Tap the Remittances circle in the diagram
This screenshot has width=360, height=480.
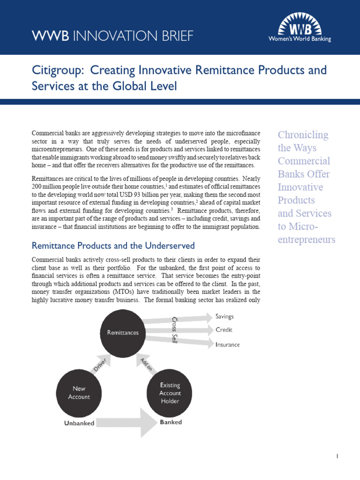click(123, 333)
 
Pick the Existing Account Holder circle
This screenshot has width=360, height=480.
click(170, 393)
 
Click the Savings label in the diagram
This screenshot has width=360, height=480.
click(225, 316)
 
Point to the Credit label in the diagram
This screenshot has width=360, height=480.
click(224, 330)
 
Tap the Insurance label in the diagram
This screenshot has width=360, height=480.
click(227, 345)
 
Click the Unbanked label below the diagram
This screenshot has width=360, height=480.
click(79, 423)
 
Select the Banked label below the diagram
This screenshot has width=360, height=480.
click(171, 422)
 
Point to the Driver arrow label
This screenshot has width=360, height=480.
click(100, 365)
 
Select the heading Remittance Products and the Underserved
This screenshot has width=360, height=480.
click(112, 246)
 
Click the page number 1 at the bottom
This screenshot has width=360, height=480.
click(337, 456)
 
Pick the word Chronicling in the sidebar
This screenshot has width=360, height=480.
click(303, 135)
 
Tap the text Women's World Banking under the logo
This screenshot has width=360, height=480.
click(306, 39)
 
